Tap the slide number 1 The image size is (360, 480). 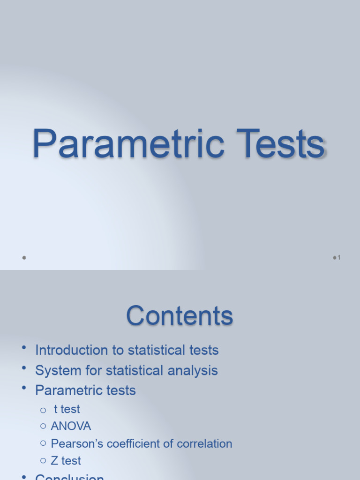point(338,257)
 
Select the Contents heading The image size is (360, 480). point(180,315)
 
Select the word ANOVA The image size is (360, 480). point(71,426)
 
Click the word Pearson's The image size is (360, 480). point(77,443)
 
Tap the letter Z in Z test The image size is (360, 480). point(54,461)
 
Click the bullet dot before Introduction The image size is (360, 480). point(24,347)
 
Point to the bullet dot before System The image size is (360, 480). point(24,367)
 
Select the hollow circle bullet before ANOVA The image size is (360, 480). point(43,427)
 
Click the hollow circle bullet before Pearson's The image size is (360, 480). point(43,443)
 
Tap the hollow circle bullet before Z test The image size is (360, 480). point(43,461)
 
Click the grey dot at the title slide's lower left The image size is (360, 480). point(24,257)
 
